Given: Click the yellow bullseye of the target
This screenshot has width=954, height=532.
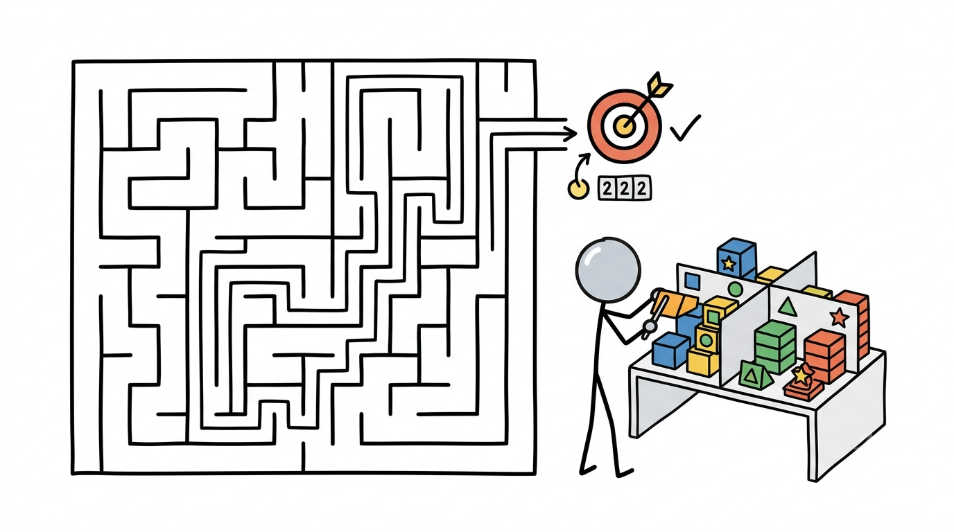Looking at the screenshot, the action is pos(625,125).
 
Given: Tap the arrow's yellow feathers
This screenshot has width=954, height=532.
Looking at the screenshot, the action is pos(659,85).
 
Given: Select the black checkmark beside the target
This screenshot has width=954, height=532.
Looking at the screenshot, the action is pos(685,127).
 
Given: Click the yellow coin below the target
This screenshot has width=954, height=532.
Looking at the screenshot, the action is pos(578,189).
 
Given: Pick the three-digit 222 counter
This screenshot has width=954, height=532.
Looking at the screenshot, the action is pos(625,188).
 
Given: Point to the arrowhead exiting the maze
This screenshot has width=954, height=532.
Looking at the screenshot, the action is pos(570,134).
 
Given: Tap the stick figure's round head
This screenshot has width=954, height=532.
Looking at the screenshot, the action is pos(608,270).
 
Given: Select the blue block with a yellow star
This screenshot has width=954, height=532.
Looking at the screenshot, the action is pos(736,259).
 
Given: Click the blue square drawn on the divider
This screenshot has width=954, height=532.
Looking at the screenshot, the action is pos(692,281).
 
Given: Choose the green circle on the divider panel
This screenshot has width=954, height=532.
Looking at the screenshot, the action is pos(735,289).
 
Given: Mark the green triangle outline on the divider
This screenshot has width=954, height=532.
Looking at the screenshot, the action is pos(787,307).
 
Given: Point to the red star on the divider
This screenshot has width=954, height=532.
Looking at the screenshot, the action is pos(839,317).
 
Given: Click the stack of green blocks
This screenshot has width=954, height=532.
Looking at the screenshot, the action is pos(775,347).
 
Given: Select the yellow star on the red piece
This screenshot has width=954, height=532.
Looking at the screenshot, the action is pos(802,374).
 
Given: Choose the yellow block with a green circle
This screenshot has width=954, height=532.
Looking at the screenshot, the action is pos(706,338).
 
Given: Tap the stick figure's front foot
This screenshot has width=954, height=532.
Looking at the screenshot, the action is pos(625,472).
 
